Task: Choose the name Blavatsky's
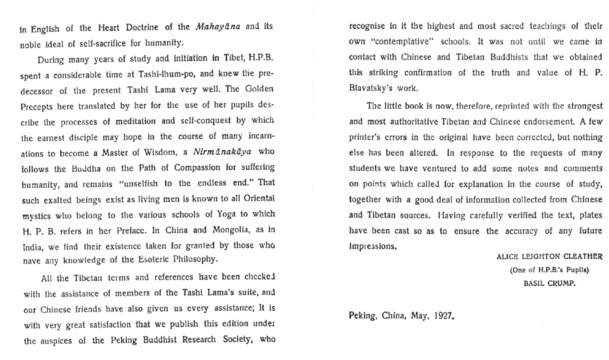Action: tap(376, 90)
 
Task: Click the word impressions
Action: tap(371, 247)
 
